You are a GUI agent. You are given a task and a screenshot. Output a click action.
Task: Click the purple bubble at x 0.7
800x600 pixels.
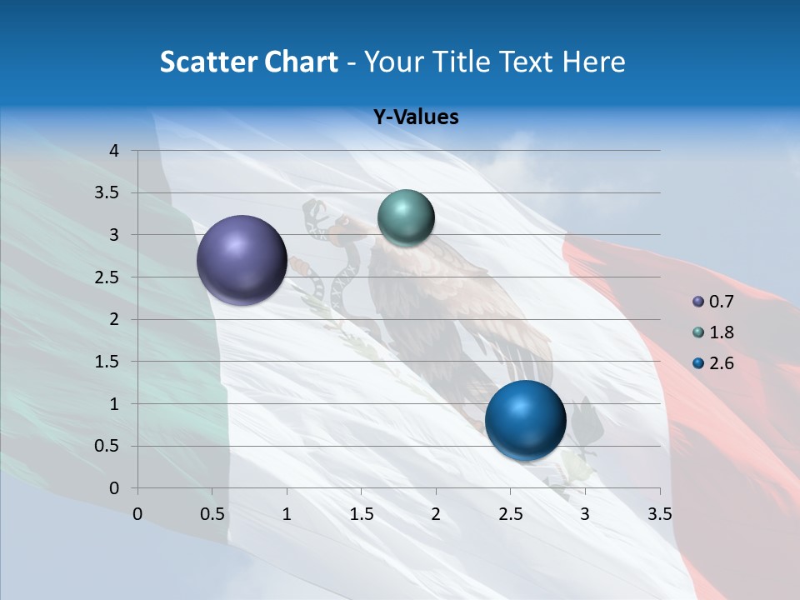coord(242,260)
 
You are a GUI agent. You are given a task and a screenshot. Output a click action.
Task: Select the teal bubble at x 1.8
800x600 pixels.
coord(406,217)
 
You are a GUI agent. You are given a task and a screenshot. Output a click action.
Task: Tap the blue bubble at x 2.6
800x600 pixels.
coord(525,420)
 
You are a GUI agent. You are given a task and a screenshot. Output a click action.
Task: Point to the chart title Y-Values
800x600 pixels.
coord(415,117)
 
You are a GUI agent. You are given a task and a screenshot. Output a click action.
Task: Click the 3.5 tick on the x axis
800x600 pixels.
coord(659,514)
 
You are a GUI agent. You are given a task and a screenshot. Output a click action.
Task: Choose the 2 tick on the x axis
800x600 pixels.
coord(436,514)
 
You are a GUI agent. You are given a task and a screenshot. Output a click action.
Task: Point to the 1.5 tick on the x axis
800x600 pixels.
coord(361,514)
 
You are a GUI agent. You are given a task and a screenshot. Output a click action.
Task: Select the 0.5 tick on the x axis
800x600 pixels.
coord(212,514)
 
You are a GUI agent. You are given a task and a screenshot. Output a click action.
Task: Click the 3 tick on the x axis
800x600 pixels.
coord(585,514)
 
